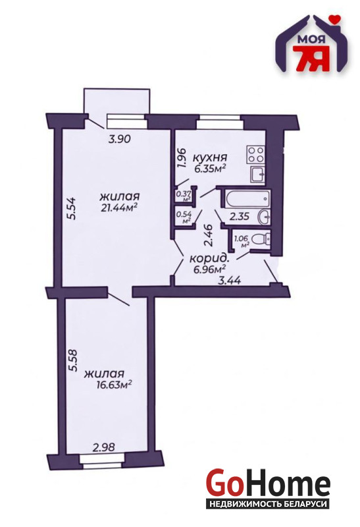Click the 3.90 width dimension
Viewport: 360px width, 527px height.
[x=119, y=138]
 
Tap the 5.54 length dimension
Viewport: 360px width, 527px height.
[x=72, y=208]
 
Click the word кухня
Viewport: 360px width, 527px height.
[x=211, y=157]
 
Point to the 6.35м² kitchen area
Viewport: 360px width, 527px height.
[x=209, y=168]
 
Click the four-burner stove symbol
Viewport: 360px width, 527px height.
[x=256, y=155]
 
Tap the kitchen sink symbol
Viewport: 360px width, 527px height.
[x=258, y=175]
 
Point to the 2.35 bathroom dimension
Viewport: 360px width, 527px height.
[x=239, y=216]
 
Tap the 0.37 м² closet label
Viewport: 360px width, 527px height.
[x=184, y=196]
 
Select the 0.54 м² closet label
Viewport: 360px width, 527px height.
[x=184, y=217]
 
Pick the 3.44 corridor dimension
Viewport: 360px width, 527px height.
[x=230, y=280]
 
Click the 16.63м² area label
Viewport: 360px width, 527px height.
[x=113, y=384]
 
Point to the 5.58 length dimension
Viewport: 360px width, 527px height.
[x=72, y=360]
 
